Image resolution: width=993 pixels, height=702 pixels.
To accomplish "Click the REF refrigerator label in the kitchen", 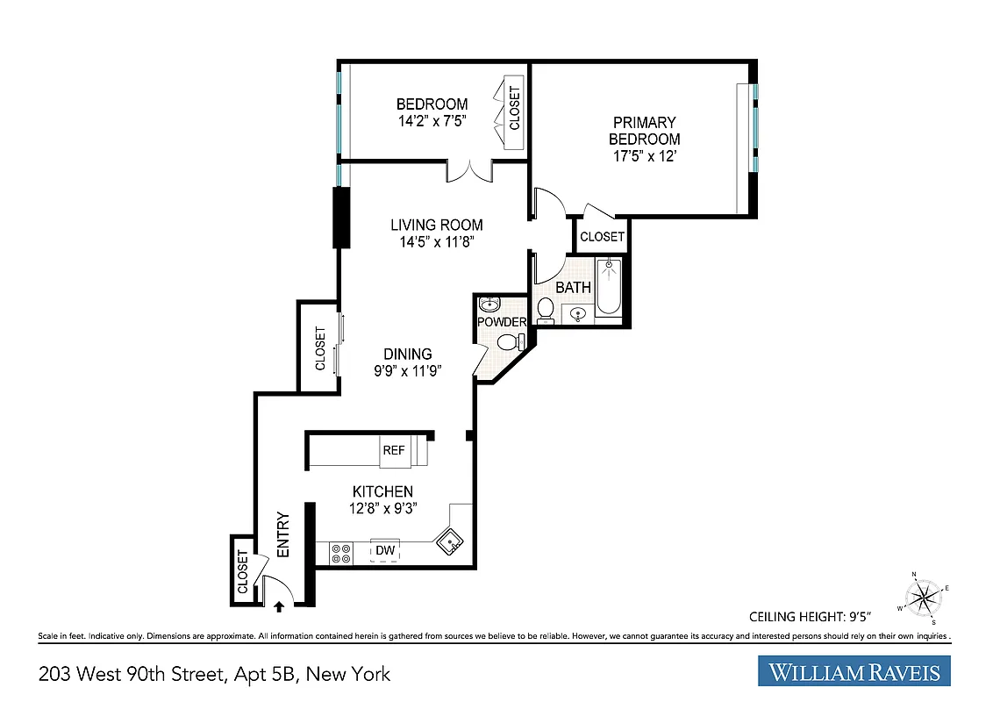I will pyautogui.click(x=393, y=450).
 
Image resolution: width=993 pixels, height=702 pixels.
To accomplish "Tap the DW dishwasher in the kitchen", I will pyautogui.click(x=385, y=551).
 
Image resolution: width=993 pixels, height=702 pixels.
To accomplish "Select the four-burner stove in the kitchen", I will pyautogui.click(x=340, y=553).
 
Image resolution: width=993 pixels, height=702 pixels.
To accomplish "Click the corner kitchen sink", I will pyautogui.click(x=451, y=542).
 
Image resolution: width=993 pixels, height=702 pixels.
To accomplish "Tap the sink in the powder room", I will pyautogui.click(x=489, y=304).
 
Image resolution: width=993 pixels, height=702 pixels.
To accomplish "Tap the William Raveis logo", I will pyautogui.click(x=854, y=672).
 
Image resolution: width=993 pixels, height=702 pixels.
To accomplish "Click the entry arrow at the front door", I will pyautogui.click(x=280, y=605).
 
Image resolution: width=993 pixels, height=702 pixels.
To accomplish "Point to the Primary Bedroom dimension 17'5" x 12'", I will pyautogui.click(x=644, y=156).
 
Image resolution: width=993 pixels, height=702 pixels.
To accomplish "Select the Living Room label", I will pyautogui.click(x=436, y=226).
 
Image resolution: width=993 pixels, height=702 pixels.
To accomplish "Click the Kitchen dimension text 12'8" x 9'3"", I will pyautogui.click(x=382, y=507).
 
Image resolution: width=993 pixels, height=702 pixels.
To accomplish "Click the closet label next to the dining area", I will pyautogui.click(x=320, y=348).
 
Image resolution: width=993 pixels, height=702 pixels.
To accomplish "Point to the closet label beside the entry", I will pyautogui.click(x=243, y=572).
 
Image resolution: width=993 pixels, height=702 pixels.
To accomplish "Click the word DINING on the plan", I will pyautogui.click(x=407, y=355).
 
